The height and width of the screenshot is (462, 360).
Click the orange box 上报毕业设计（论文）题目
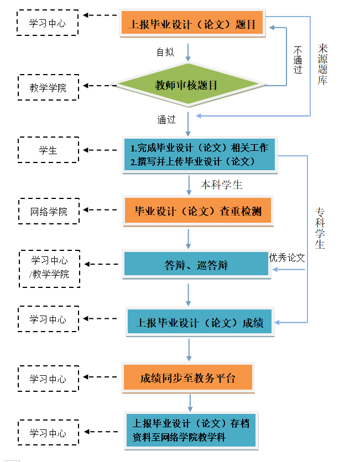192,24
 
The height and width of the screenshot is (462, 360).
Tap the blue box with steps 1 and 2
199,155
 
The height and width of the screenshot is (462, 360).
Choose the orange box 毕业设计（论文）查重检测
198,211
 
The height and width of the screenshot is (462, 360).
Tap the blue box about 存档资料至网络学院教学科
191,431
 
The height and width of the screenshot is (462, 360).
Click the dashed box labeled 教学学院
48,87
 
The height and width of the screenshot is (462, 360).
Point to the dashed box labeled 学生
48,150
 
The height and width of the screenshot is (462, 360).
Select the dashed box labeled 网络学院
49,211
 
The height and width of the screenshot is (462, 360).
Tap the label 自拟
165,53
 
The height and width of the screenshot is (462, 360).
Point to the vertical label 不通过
298,59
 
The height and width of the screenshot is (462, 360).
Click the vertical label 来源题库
323,64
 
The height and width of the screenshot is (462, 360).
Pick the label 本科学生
221,185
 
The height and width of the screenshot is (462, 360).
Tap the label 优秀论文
287,258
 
